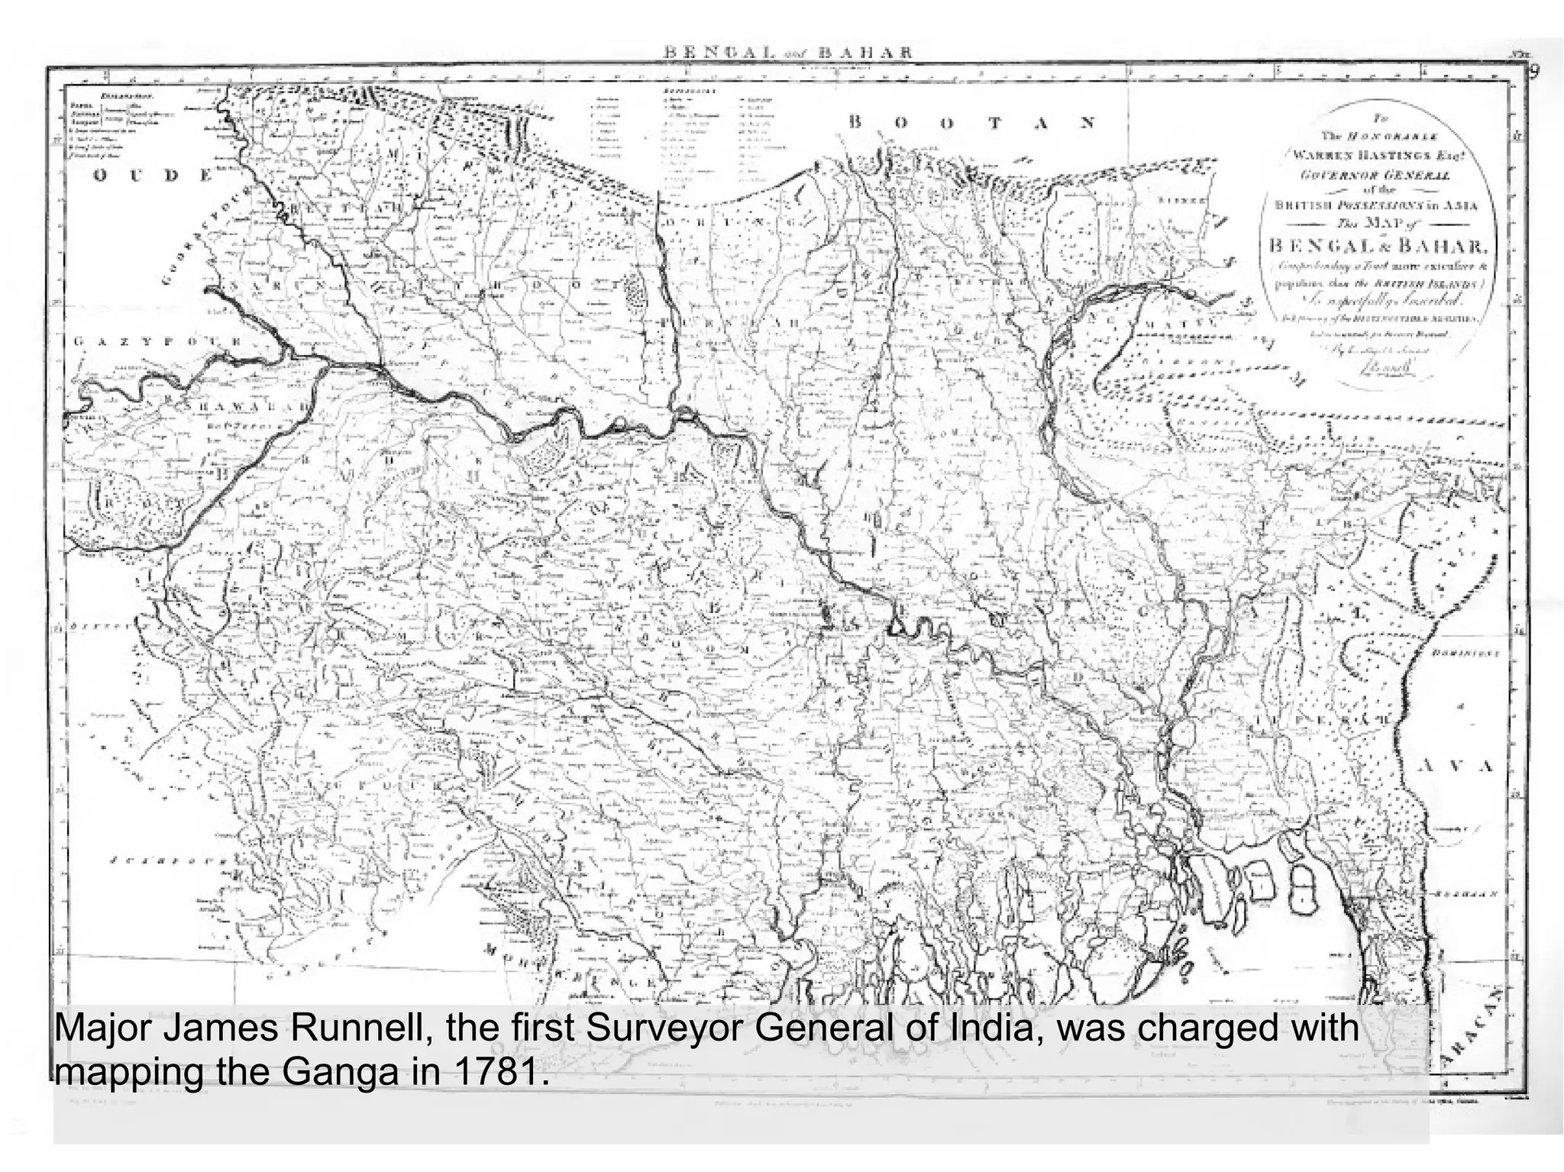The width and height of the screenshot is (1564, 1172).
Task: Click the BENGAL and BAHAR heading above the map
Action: pyautogui.click(x=789, y=53)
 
